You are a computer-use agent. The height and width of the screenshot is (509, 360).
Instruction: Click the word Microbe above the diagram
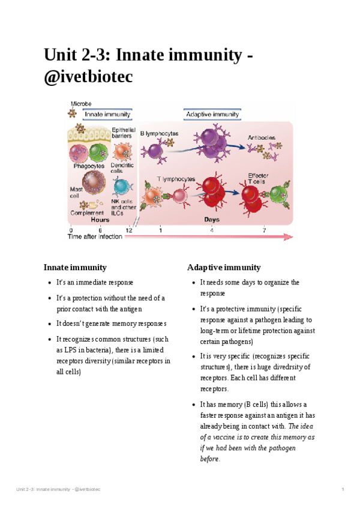click(x=81, y=104)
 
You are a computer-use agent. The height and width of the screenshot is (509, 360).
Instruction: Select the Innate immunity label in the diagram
click(x=107, y=114)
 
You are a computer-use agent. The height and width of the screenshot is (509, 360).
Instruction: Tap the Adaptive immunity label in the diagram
click(x=212, y=114)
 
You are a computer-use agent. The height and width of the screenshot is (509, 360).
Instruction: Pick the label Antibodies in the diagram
click(x=262, y=137)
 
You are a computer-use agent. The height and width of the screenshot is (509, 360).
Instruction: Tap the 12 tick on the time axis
click(x=129, y=230)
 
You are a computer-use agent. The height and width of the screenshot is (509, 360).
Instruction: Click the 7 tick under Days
click(x=263, y=230)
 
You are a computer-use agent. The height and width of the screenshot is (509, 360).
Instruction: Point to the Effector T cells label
click(x=259, y=178)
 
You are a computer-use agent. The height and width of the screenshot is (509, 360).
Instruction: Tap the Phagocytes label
click(x=89, y=166)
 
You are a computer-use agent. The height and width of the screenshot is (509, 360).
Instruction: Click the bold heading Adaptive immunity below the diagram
click(x=224, y=267)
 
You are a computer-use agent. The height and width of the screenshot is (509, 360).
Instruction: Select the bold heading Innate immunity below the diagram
click(x=75, y=267)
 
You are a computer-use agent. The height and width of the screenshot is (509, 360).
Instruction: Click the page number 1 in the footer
click(x=342, y=489)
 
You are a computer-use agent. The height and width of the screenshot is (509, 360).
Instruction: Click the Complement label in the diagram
click(x=87, y=212)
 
